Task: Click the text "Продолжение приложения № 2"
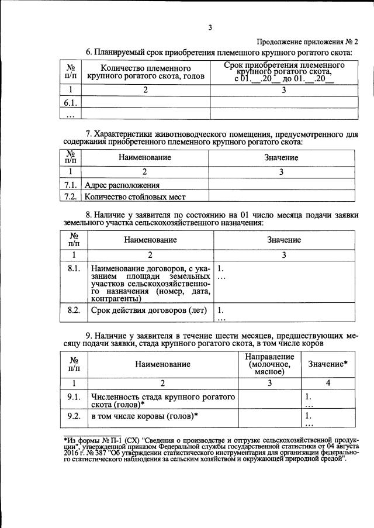tap(307, 42)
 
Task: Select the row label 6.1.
tap(72, 102)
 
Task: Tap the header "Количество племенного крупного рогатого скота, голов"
tap(146, 72)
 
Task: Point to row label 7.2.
tap(71, 196)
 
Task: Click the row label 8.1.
tap(73, 269)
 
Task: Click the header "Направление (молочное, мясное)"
tap(269, 364)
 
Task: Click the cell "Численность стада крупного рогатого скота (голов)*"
tap(163, 401)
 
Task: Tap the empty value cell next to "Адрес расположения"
tap(281, 185)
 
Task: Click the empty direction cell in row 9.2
tap(269, 418)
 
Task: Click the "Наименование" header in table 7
tap(145, 158)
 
